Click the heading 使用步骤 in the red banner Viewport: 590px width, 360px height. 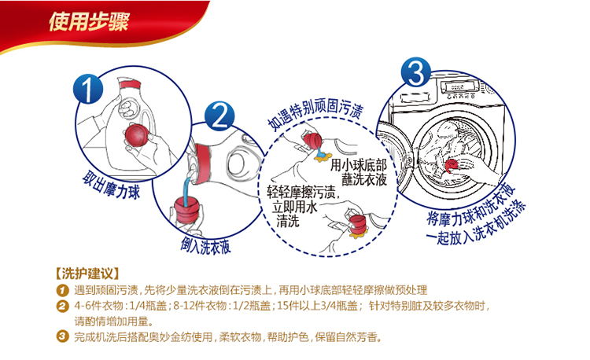(89, 21)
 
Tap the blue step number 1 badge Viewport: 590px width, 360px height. (88, 89)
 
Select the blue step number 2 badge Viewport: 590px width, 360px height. (219, 116)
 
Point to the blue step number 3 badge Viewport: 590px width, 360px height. (416, 72)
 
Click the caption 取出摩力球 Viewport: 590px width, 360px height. (111, 185)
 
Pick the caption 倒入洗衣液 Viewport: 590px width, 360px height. (205, 246)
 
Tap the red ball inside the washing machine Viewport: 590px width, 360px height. (452, 165)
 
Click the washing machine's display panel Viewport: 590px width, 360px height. (459, 87)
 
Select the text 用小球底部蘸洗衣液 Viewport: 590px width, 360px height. (359, 172)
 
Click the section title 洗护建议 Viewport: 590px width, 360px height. (87, 274)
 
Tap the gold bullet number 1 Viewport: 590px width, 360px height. (62, 291)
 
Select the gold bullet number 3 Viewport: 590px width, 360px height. (62, 336)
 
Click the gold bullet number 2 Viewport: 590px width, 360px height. (62, 307)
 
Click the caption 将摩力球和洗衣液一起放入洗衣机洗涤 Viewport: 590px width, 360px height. (476, 215)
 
